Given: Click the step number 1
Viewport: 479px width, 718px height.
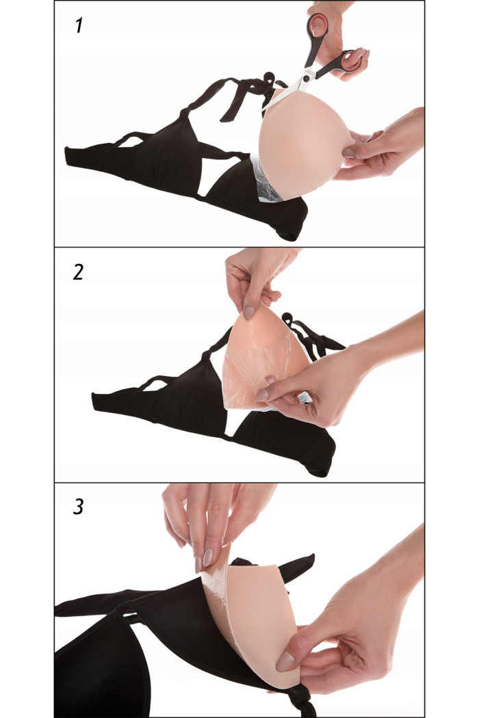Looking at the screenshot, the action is point(79,26).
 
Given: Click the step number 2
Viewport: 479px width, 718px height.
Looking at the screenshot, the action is point(79,272).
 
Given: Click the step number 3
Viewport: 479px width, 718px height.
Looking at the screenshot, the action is point(79,507).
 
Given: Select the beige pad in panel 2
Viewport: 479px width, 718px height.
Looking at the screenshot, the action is point(261,361).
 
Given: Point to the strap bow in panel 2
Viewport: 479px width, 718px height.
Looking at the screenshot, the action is point(312,336).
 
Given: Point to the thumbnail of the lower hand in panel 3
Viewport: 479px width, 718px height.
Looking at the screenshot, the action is point(285,662).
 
